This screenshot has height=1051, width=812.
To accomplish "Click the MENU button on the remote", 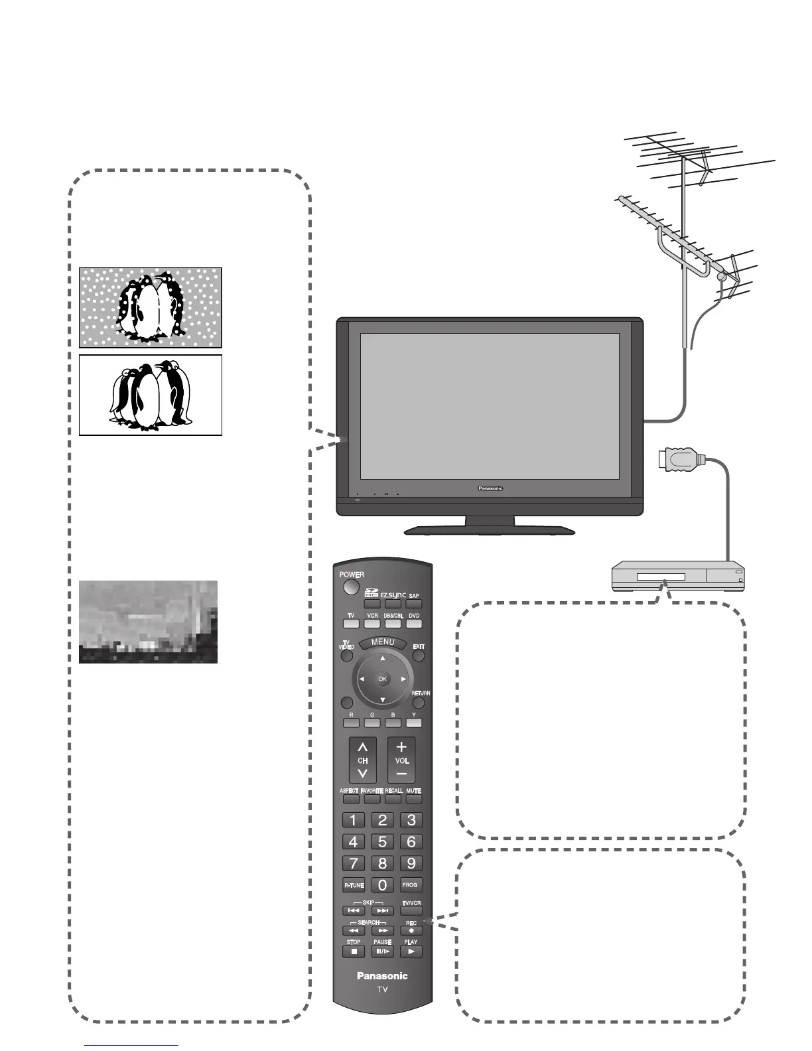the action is tap(383, 642).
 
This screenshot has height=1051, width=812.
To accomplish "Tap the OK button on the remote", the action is tap(382, 679).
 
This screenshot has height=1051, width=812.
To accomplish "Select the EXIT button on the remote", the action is tap(419, 656).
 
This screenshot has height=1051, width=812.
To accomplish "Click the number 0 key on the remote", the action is tap(382, 884).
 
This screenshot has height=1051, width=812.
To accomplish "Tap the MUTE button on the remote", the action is tap(414, 799).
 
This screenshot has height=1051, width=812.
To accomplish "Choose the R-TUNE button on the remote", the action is tap(354, 885).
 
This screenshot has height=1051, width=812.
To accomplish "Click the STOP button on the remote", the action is tap(354, 951).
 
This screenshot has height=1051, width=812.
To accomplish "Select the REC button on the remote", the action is tap(411, 930).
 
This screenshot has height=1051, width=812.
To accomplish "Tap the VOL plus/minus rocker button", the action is tap(401, 760).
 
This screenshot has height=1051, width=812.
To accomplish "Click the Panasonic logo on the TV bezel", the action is tap(490, 488).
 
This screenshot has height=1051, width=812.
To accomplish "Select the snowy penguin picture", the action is tap(151, 308).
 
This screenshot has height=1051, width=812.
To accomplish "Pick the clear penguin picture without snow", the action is tap(151, 395).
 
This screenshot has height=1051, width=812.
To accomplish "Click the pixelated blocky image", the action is tap(148, 622).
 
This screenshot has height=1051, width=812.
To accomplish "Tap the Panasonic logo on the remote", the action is tap(382, 975).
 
